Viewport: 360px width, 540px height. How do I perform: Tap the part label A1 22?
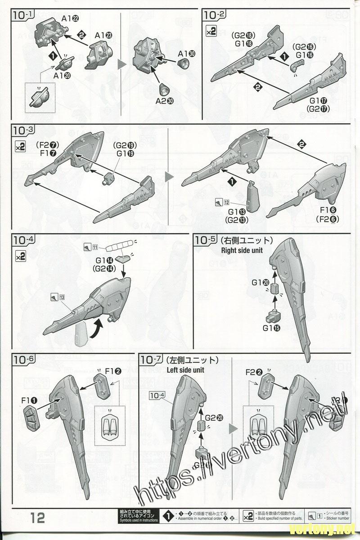tap(70, 18)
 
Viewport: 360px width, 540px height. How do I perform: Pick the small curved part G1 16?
tap(295, 67)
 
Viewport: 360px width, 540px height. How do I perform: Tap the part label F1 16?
tap(328, 210)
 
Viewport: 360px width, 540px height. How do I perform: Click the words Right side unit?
tap(242, 251)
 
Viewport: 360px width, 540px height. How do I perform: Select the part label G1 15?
tap(272, 328)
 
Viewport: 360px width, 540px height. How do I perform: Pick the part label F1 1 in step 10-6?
tap(29, 400)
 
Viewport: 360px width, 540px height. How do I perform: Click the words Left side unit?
tap(185, 370)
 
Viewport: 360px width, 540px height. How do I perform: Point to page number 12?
tap(38, 518)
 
